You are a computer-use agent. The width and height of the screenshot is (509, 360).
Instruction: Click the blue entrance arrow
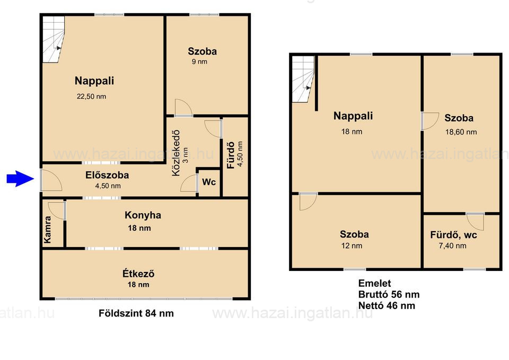pyautogui.click(x=20, y=179)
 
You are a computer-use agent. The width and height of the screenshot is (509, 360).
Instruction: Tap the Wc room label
pyautogui.click(x=209, y=182)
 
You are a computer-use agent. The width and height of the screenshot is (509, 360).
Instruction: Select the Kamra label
pyautogui.click(x=47, y=230)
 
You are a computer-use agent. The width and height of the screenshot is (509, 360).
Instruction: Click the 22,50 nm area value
pyautogui.click(x=91, y=96)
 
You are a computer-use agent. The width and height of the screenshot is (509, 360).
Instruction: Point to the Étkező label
pyautogui.click(x=138, y=274)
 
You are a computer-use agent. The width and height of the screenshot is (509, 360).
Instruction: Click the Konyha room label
pyautogui.click(x=143, y=215)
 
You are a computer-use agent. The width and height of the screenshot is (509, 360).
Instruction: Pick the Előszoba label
pyautogui.click(x=107, y=175)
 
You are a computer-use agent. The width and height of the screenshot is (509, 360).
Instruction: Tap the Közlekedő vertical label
pyautogui.click(x=175, y=153)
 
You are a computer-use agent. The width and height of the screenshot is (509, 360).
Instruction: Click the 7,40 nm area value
pyautogui.click(x=452, y=245)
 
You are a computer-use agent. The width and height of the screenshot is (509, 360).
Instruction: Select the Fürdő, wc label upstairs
pyautogui.click(x=453, y=235)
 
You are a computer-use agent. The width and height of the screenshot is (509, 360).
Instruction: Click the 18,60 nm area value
pyautogui.click(x=461, y=132)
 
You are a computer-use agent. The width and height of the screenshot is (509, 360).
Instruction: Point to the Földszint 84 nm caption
pyautogui.click(x=136, y=313)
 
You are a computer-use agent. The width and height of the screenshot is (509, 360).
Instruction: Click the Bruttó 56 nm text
pyautogui.click(x=389, y=294)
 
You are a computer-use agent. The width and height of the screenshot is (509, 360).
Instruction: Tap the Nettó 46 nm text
pyautogui.click(x=387, y=305)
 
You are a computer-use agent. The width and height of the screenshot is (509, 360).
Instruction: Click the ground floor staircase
pyautogui.click(x=54, y=39)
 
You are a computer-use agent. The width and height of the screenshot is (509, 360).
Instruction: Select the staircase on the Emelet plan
pyautogui.click(x=303, y=80)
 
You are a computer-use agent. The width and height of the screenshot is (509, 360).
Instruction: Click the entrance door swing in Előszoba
pyautogui.click(x=52, y=180)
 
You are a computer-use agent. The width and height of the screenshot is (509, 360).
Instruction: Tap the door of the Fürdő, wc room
pyautogui.click(x=475, y=222)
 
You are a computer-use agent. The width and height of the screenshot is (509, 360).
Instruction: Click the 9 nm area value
pyautogui.click(x=199, y=62)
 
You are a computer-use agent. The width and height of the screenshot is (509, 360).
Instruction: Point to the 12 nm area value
pyautogui.click(x=352, y=245)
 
